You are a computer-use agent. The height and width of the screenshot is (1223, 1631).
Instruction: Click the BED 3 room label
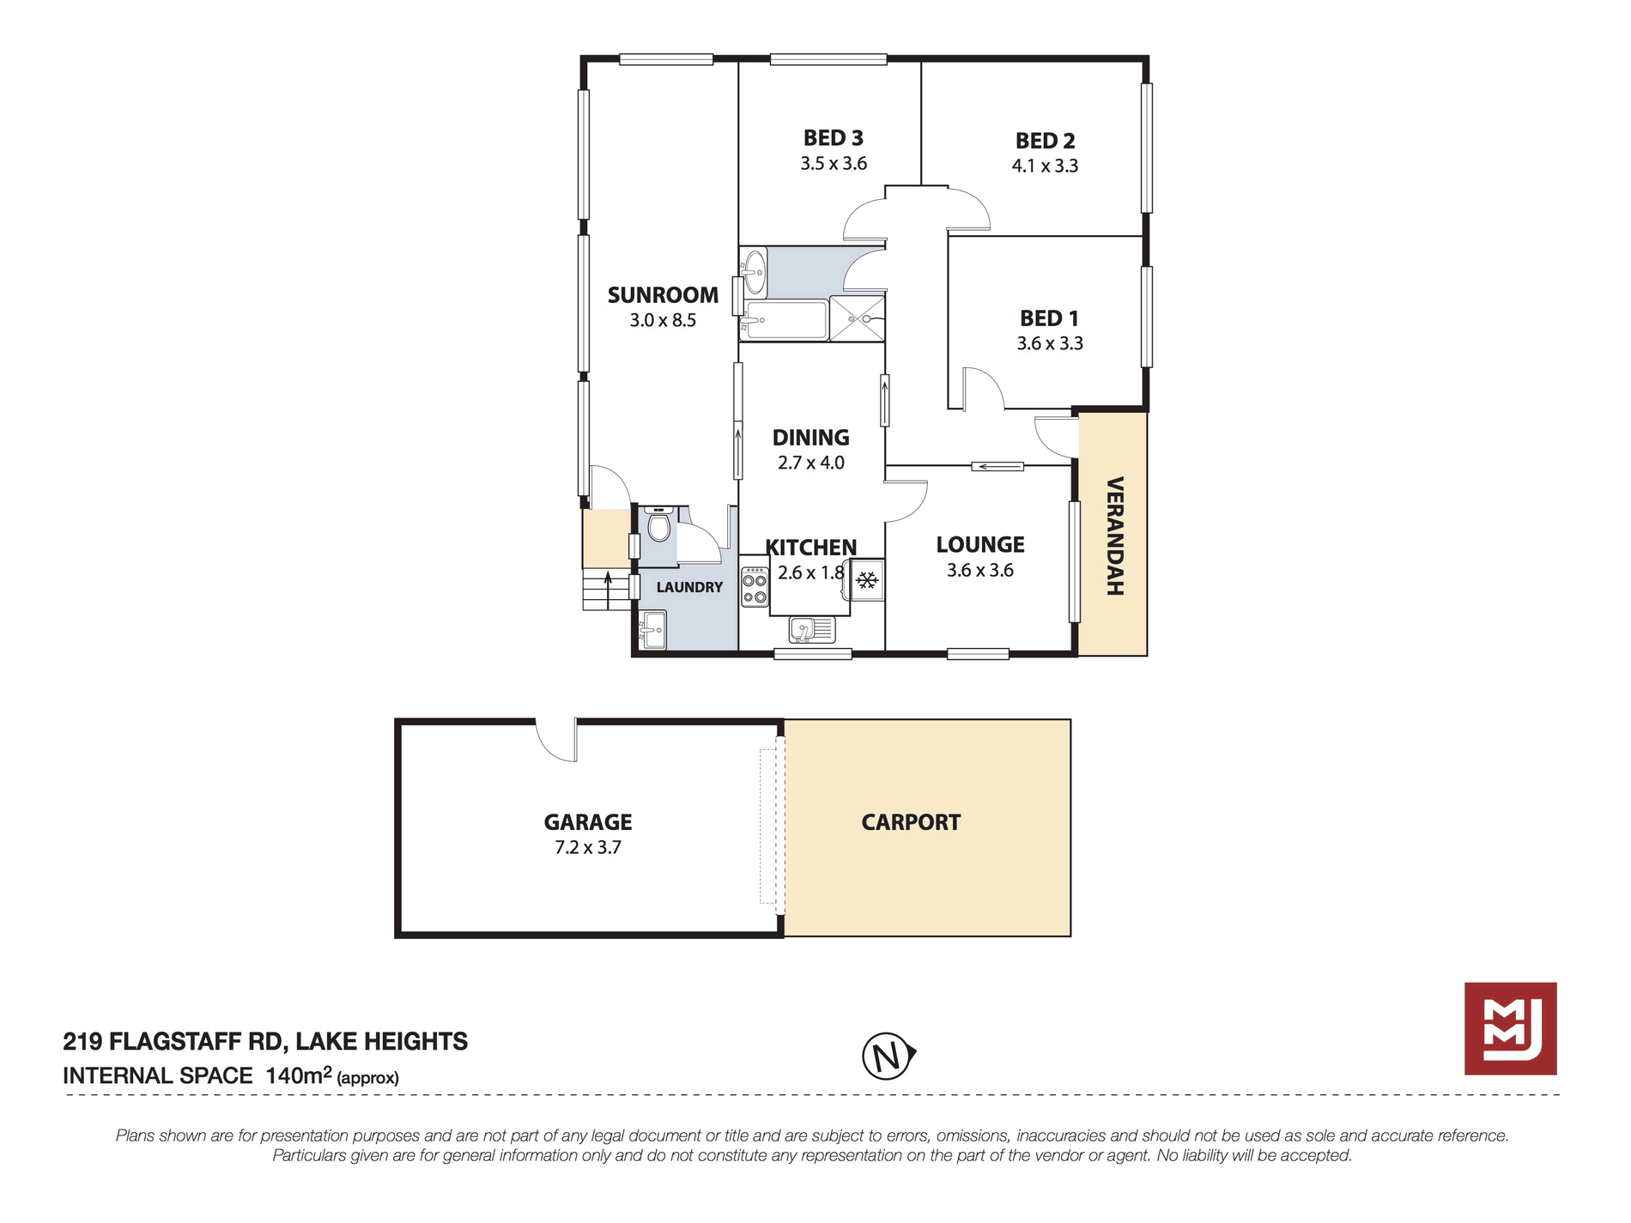(x=833, y=138)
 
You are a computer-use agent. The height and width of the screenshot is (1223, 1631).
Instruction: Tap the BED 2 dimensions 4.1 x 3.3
(x=1045, y=166)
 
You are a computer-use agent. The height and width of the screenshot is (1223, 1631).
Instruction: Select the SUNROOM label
(x=663, y=295)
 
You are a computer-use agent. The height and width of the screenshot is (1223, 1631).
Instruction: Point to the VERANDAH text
(x=1114, y=536)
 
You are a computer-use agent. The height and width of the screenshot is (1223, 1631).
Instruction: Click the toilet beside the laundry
(x=658, y=524)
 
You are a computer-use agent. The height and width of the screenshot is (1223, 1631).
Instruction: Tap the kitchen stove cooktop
(x=755, y=586)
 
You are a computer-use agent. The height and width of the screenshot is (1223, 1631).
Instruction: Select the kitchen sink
(x=811, y=630)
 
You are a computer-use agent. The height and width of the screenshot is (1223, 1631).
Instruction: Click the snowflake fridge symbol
(x=867, y=581)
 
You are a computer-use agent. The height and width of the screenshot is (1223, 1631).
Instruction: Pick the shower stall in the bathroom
(x=857, y=318)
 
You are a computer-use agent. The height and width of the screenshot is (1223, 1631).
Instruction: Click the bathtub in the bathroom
(x=785, y=320)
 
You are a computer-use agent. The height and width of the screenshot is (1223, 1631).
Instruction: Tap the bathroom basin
(x=755, y=271)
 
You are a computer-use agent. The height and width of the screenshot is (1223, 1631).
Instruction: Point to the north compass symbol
(x=888, y=1056)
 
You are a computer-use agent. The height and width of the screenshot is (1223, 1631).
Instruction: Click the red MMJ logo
(x=1510, y=1028)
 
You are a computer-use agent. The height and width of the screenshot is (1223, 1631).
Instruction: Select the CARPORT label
(x=911, y=822)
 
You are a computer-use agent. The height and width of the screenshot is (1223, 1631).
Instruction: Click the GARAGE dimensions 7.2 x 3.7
(x=588, y=848)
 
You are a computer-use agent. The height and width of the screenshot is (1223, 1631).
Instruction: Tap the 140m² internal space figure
(x=299, y=1075)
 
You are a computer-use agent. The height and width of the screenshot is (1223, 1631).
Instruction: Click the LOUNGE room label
(x=980, y=545)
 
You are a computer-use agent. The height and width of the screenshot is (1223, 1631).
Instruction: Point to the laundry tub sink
(x=652, y=630)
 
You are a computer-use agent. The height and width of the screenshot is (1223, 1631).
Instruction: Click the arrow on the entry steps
(x=608, y=590)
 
